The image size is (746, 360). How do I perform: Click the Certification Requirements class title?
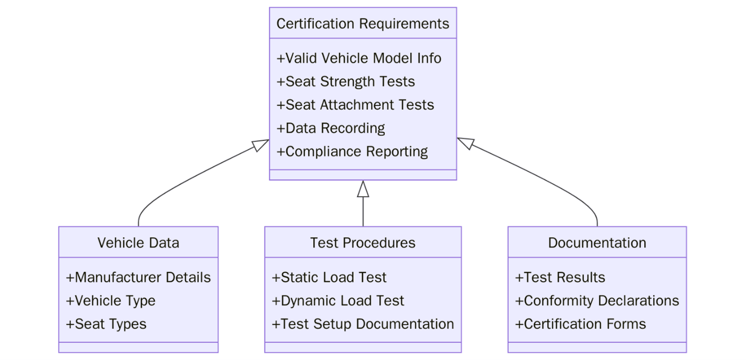(x=363, y=24)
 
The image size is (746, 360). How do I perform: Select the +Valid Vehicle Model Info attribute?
(x=359, y=58)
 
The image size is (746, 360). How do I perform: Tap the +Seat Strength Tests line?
(x=346, y=81)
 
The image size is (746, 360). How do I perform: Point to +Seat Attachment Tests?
(x=355, y=105)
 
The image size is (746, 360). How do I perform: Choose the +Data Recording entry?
(x=331, y=128)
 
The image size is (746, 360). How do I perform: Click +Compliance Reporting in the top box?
(x=352, y=152)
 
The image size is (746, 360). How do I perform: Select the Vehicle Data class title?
(x=138, y=243)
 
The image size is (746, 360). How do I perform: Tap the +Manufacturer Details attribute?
(x=138, y=278)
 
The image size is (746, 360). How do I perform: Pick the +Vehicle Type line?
(x=111, y=301)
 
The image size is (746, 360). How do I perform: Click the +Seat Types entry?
(x=106, y=324)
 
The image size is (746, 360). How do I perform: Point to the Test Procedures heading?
(x=363, y=243)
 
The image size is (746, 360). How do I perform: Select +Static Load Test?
(x=329, y=278)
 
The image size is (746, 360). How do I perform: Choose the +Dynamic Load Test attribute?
(x=338, y=301)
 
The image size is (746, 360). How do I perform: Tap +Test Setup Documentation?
(x=363, y=324)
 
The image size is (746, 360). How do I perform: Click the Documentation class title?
(x=597, y=243)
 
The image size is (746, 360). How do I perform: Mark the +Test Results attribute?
(x=560, y=278)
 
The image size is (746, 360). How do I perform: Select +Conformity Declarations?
(x=597, y=301)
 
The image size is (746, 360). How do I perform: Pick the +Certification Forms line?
(x=581, y=324)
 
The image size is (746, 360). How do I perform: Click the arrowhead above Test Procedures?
(x=363, y=189)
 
